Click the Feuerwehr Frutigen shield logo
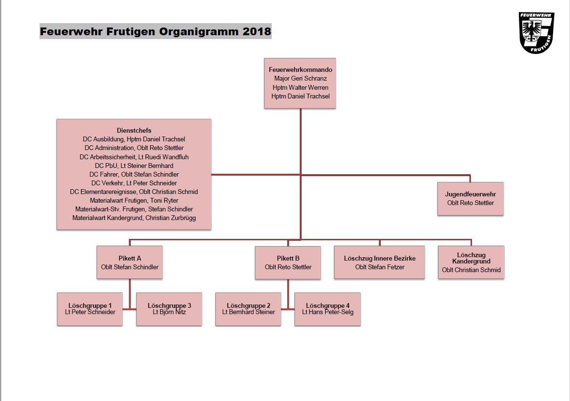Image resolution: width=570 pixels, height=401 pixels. (536, 33)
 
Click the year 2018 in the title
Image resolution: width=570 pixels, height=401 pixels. (257, 31)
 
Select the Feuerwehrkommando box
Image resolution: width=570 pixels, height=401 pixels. (300, 83)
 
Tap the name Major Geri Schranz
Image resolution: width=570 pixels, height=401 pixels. (300, 79)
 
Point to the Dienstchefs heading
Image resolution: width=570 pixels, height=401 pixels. (134, 130)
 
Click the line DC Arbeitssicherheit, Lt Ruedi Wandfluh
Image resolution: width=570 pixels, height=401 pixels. (134, 157)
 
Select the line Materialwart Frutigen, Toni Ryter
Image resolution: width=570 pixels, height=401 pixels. (134, 200)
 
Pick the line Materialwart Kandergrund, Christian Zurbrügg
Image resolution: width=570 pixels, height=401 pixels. (134, 218)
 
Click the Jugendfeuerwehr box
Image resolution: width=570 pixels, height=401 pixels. (471, 199)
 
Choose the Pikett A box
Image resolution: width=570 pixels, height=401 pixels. (130, 263)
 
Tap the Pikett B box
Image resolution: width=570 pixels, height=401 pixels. (288, 263)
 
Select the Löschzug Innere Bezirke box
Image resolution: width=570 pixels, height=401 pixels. (379, 263)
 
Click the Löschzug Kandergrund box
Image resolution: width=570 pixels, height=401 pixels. (471, 263)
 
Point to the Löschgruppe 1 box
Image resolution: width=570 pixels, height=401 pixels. (90, 309)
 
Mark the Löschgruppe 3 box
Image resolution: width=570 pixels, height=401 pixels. (169, 309)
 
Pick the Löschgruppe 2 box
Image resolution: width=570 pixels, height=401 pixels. (248, 309)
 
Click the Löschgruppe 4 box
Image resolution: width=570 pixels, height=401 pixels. (328, 309)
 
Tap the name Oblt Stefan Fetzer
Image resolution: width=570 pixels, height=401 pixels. (380, 267)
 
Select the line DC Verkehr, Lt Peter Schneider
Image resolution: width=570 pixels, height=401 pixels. (134, 183)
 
